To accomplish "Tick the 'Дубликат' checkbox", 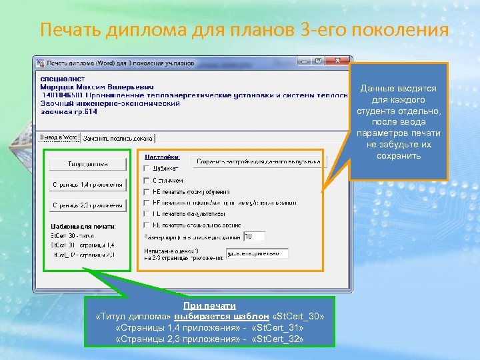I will pos(147,169).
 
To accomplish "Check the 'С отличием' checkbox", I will pos(147,180).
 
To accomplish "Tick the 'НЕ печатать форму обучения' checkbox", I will pos(147,191).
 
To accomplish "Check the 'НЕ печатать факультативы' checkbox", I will pos(147,214).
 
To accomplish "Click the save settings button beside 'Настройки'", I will pos(259,161).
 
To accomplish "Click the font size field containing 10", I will pos(254,236).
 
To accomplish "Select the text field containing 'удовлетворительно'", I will pos(257,253).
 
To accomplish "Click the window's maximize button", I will pos(319,61).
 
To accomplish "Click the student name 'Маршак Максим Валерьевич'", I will pos(97,87).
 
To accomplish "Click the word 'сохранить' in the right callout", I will pos(399,156).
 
